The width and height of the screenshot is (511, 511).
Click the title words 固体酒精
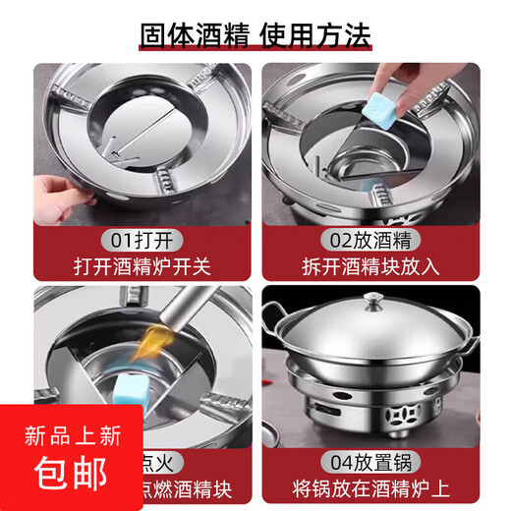point(194,36)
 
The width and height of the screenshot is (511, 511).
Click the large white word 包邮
point(70,474)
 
